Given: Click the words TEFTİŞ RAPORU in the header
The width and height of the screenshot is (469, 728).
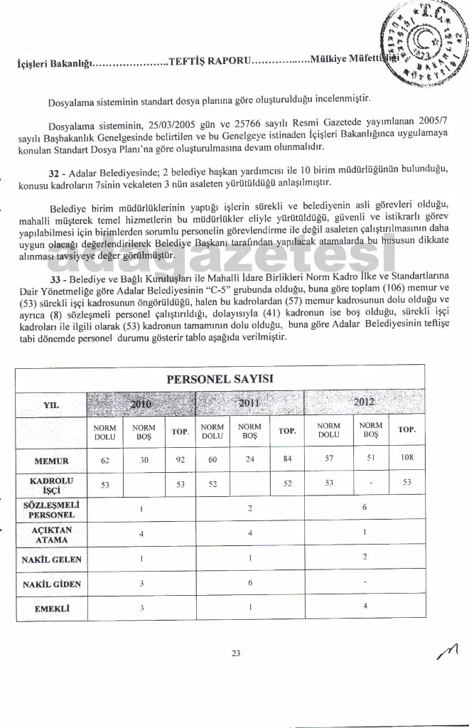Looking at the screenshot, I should point(207,62).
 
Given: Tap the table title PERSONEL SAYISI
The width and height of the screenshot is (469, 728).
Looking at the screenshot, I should point(220,379).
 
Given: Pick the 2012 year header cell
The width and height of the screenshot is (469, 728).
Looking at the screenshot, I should point(364,402).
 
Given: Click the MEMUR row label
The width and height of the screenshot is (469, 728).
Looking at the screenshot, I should point(50,461).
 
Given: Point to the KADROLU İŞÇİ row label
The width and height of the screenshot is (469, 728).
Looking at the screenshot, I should point(50,485).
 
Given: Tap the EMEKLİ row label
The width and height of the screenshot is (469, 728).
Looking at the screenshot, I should point(50,609).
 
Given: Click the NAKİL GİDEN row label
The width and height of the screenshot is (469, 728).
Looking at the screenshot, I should point(50,584).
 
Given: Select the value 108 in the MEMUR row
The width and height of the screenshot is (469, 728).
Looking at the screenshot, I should point(406,458).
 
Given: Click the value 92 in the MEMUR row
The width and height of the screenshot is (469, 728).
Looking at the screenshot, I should point(180,460).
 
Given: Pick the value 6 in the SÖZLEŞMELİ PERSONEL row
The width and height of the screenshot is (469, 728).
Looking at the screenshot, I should point(364,508).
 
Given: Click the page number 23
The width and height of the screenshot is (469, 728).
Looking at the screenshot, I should point(236,654).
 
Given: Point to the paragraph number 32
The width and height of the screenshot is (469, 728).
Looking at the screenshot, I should point(53,172).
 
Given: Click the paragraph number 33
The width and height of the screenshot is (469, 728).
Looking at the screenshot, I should point(53,275).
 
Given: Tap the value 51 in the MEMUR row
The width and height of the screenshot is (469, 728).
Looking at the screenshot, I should point(370,459).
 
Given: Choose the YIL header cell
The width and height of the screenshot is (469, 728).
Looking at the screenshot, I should point(50,405).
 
